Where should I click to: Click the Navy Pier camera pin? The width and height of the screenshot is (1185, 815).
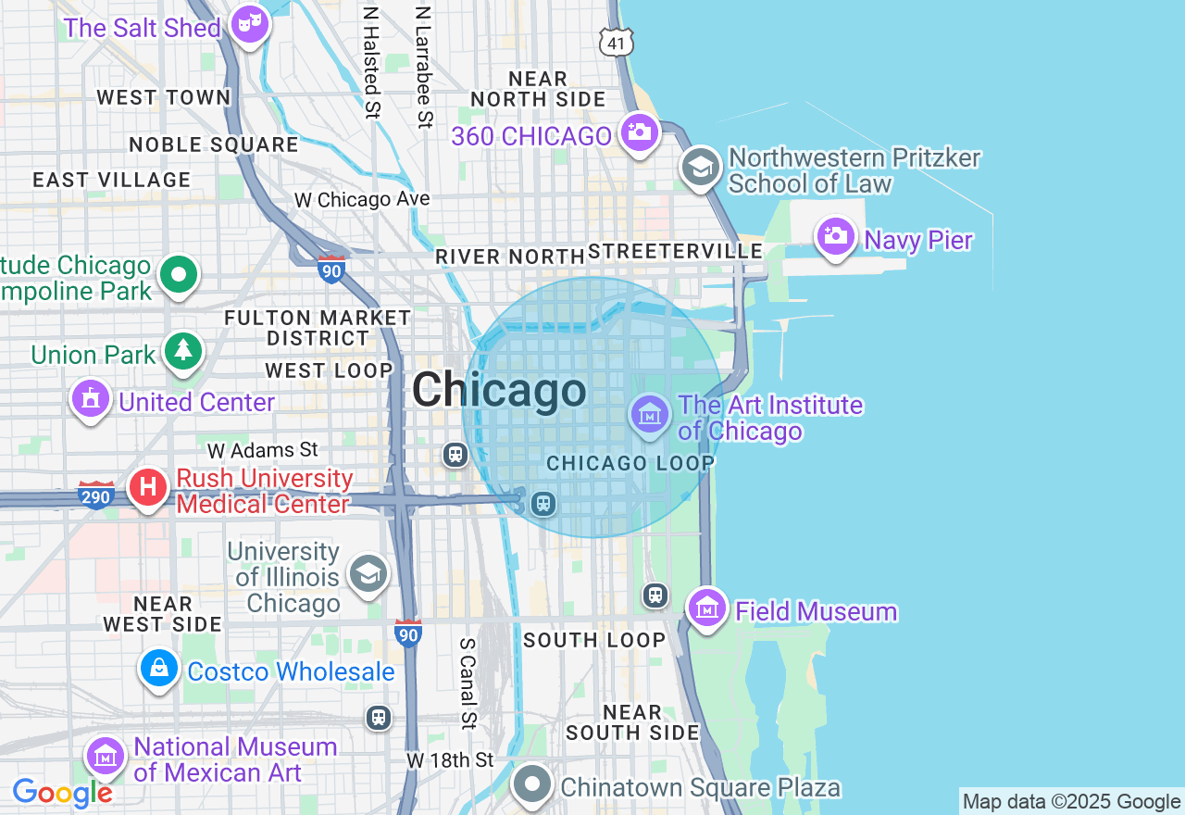[835, 236]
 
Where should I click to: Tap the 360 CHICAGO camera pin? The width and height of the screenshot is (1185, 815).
[639, 132]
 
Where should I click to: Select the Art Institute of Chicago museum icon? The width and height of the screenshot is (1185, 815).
[650, 414]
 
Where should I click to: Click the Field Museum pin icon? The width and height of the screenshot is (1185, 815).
[707, 608]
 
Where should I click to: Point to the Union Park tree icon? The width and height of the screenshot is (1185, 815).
[183, 350]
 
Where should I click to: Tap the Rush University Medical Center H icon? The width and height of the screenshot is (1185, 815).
[148, 487]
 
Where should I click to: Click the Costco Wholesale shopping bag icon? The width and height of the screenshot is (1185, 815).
[159, 668]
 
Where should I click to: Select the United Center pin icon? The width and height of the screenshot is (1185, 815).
[91, 399]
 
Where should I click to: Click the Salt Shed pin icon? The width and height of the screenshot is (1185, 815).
[249, 22]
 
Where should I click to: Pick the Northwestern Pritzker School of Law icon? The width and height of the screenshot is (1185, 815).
[701, 168]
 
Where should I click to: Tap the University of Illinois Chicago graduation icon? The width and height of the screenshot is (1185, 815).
[368, 574]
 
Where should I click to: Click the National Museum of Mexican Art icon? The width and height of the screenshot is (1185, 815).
[106, 756]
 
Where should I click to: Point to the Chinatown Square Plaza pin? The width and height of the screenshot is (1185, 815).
[532, 784]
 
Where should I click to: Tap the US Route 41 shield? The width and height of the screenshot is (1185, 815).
[616, 42]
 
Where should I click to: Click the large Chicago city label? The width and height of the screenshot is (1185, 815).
[499, 390]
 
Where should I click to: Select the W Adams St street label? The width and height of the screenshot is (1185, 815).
[263, 451]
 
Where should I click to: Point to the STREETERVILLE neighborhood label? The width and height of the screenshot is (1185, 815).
[676, 252]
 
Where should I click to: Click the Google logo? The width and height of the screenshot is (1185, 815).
[62, 793]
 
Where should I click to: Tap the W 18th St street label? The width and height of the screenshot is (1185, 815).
[450, 760]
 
